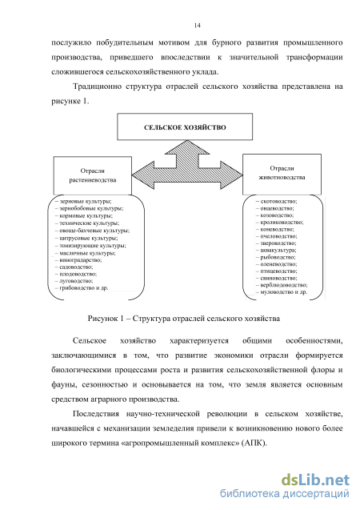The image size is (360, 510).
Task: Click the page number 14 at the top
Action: [x=198, y=26]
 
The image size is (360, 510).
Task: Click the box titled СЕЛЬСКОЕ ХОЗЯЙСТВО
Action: [x=185, y=126]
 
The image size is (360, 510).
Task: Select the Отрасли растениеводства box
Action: [x=93, y=175]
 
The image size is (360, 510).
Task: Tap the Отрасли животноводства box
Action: [x=282, y=175]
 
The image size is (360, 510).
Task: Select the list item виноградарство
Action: [x=78, y=260]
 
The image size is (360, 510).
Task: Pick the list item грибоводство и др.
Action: [x=82, y=288]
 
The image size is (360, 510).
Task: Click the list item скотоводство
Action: [x=277, y=201]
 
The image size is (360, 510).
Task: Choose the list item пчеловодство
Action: [x=277, y=236]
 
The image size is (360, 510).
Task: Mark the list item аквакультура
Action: [x=276, y=250]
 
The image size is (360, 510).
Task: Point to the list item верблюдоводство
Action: [x=282, y=285]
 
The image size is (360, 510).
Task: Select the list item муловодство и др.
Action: [x=282, y=292]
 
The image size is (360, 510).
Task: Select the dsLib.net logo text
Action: [x=315, y=480]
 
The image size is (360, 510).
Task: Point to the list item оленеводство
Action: [x=277, y=264]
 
